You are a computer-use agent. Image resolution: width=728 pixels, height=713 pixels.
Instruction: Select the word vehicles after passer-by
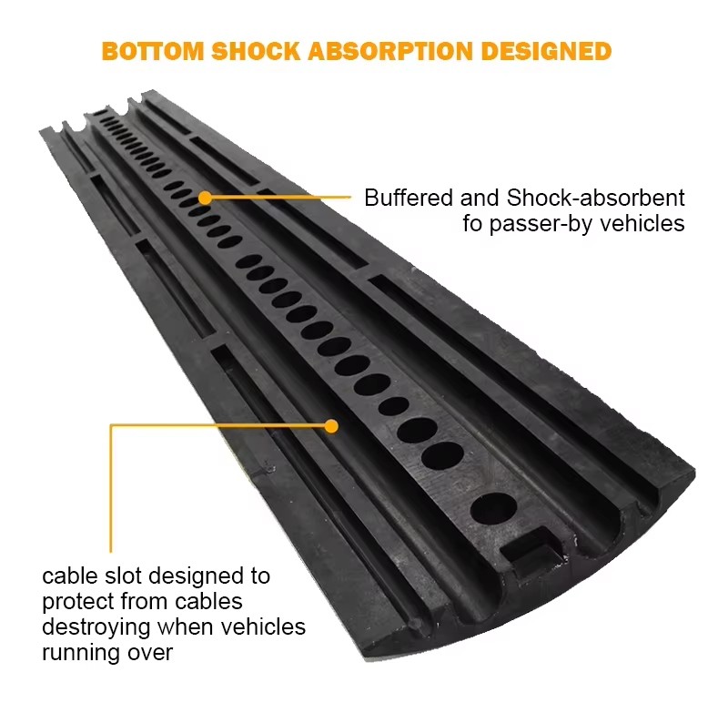tap(643, 224)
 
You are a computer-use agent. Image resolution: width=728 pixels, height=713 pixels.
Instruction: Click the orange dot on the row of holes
tap(206, 197)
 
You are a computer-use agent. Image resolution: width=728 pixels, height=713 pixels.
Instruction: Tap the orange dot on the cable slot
tap(331, 425)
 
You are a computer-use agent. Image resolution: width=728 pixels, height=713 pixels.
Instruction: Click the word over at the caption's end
tap(151, 653)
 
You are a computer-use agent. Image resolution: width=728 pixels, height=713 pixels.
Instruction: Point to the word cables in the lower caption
tap(210, 602)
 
